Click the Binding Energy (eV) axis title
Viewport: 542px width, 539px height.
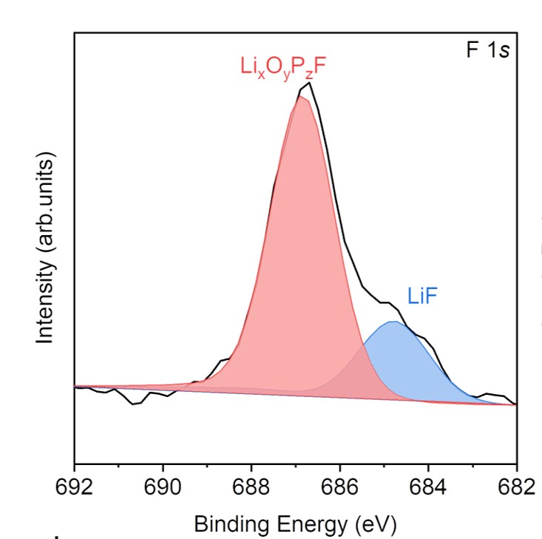[x=295, y=524]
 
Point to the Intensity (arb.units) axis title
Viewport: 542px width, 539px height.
[x=46, y=249]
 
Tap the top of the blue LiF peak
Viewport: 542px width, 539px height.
[x=394, y=322]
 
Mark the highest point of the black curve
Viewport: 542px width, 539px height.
[x=310, y=83]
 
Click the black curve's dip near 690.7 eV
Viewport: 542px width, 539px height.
[x=133, y=404]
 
